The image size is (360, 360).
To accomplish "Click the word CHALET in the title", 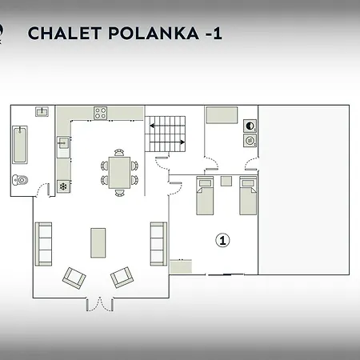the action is (x=65, y=33).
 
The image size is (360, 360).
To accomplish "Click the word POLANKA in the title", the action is (x=154, y=33).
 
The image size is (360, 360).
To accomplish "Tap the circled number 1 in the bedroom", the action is (x=222, y=240).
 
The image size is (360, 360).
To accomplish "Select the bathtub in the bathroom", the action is (x=20, y=145).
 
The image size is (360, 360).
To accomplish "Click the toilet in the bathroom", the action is (x=20, y=180).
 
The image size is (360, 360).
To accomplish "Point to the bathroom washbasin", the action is (x=42, y=111).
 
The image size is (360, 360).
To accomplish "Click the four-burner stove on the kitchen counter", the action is (x=101, y=113).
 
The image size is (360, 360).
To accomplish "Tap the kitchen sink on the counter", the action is (x=63, y=143).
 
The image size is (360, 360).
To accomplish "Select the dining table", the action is (x=119, y=173).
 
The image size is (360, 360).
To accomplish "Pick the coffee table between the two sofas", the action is (x=98, y=242).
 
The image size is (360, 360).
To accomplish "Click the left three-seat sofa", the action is (x=43, y=244).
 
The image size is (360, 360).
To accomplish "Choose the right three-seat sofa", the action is (x=158, y=244).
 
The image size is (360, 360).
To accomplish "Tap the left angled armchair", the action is (x=74, y=278).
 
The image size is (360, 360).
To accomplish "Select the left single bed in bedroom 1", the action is (x=205, y=195).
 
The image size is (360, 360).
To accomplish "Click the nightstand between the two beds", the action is (x=226, y=181).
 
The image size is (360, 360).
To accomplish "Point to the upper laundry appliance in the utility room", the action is (x=250, y=126).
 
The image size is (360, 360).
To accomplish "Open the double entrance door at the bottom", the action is (x=100, y=305).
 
